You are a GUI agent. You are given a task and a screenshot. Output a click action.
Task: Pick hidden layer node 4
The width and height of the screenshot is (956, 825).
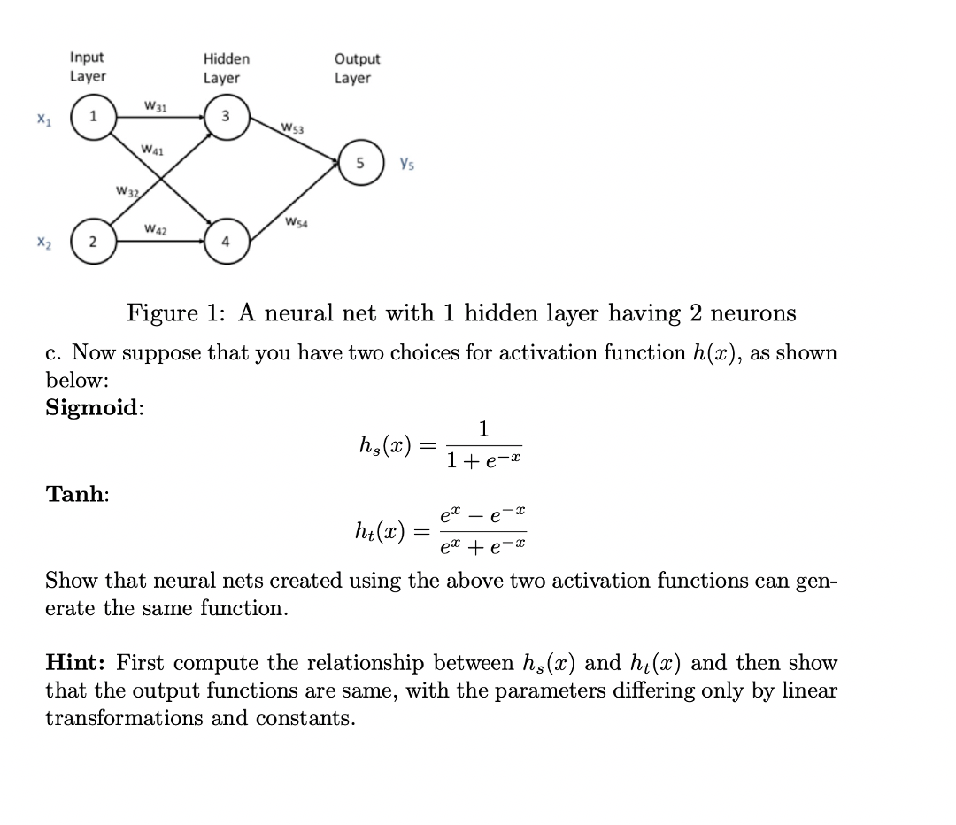pos(226,243)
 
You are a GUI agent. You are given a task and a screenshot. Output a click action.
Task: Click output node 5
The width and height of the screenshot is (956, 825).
pos(360,165)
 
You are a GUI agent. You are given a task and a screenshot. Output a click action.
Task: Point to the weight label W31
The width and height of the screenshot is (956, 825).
pos(155,107)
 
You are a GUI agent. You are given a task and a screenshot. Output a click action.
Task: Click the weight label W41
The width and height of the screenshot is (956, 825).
pos(151,149)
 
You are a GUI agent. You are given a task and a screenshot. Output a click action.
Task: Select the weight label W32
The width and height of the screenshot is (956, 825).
pos(129,191)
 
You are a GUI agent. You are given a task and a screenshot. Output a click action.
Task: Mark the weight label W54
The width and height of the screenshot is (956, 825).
pos(297,221)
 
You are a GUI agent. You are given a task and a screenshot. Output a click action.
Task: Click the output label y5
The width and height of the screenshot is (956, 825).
pos(407,163)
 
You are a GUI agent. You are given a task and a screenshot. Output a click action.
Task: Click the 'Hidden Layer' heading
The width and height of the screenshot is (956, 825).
pos(226,68)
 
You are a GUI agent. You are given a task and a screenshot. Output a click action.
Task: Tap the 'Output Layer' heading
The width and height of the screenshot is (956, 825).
pos(357,68)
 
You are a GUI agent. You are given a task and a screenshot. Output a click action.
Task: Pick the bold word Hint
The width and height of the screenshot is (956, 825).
pos(77,662)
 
